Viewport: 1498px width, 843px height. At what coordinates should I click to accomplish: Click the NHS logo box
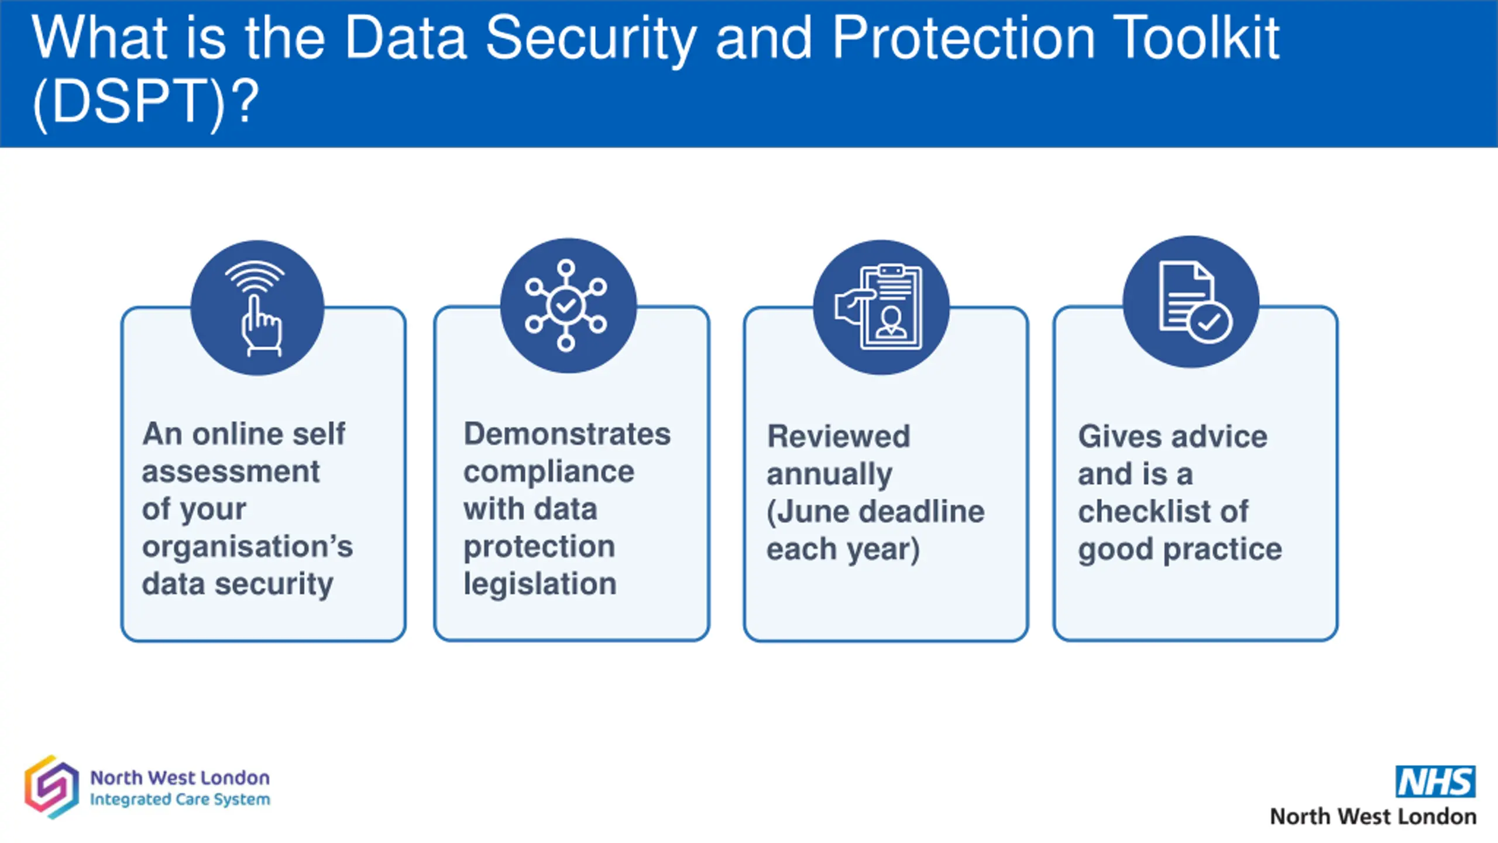1435,782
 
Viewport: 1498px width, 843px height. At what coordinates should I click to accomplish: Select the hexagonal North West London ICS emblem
51,787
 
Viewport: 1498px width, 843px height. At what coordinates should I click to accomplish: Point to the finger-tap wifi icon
257,308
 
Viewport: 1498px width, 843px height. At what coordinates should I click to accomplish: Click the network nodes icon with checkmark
566,305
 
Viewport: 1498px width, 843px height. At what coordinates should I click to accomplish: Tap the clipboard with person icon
881,307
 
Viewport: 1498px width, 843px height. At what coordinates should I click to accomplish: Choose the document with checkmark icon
1191,302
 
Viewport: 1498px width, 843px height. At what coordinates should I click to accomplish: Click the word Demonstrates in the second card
567,434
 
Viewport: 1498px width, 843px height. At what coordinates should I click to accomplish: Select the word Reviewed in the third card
839,437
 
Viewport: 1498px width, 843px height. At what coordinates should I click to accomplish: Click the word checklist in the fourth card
1144,512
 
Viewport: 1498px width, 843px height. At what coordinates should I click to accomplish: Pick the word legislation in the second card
540,584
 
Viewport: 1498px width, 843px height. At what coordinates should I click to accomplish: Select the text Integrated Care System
180,800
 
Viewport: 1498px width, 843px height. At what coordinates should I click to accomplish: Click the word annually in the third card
829,474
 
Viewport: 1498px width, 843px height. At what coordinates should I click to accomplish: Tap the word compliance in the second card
549,472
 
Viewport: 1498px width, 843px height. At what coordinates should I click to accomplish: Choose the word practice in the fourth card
1222,549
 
